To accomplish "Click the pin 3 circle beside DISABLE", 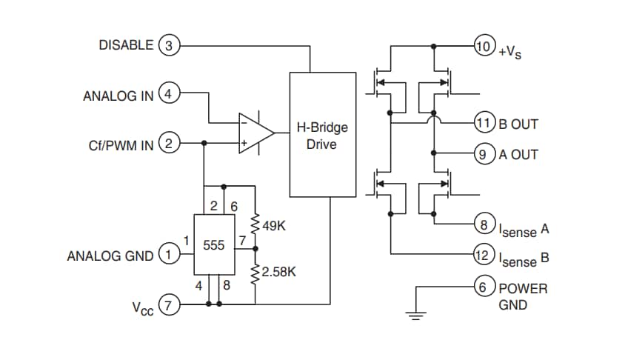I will [168, 45].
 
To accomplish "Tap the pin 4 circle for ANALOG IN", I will [168, 95].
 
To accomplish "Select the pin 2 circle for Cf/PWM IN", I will [168, 144].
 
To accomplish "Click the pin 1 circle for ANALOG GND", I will [168, 256].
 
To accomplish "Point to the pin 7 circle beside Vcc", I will [168, 304].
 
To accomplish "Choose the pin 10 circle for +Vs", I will [483, 47].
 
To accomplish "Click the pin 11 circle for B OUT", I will [483, 123].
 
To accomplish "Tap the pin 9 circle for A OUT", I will [483, 154].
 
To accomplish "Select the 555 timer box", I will [215, 244].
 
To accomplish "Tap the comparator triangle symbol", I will [254, 133].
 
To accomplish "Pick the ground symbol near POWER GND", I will [416, 314].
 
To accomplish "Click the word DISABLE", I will [126, 45].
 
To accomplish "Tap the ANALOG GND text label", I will [110, 256].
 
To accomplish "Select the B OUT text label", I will [518, 124].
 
